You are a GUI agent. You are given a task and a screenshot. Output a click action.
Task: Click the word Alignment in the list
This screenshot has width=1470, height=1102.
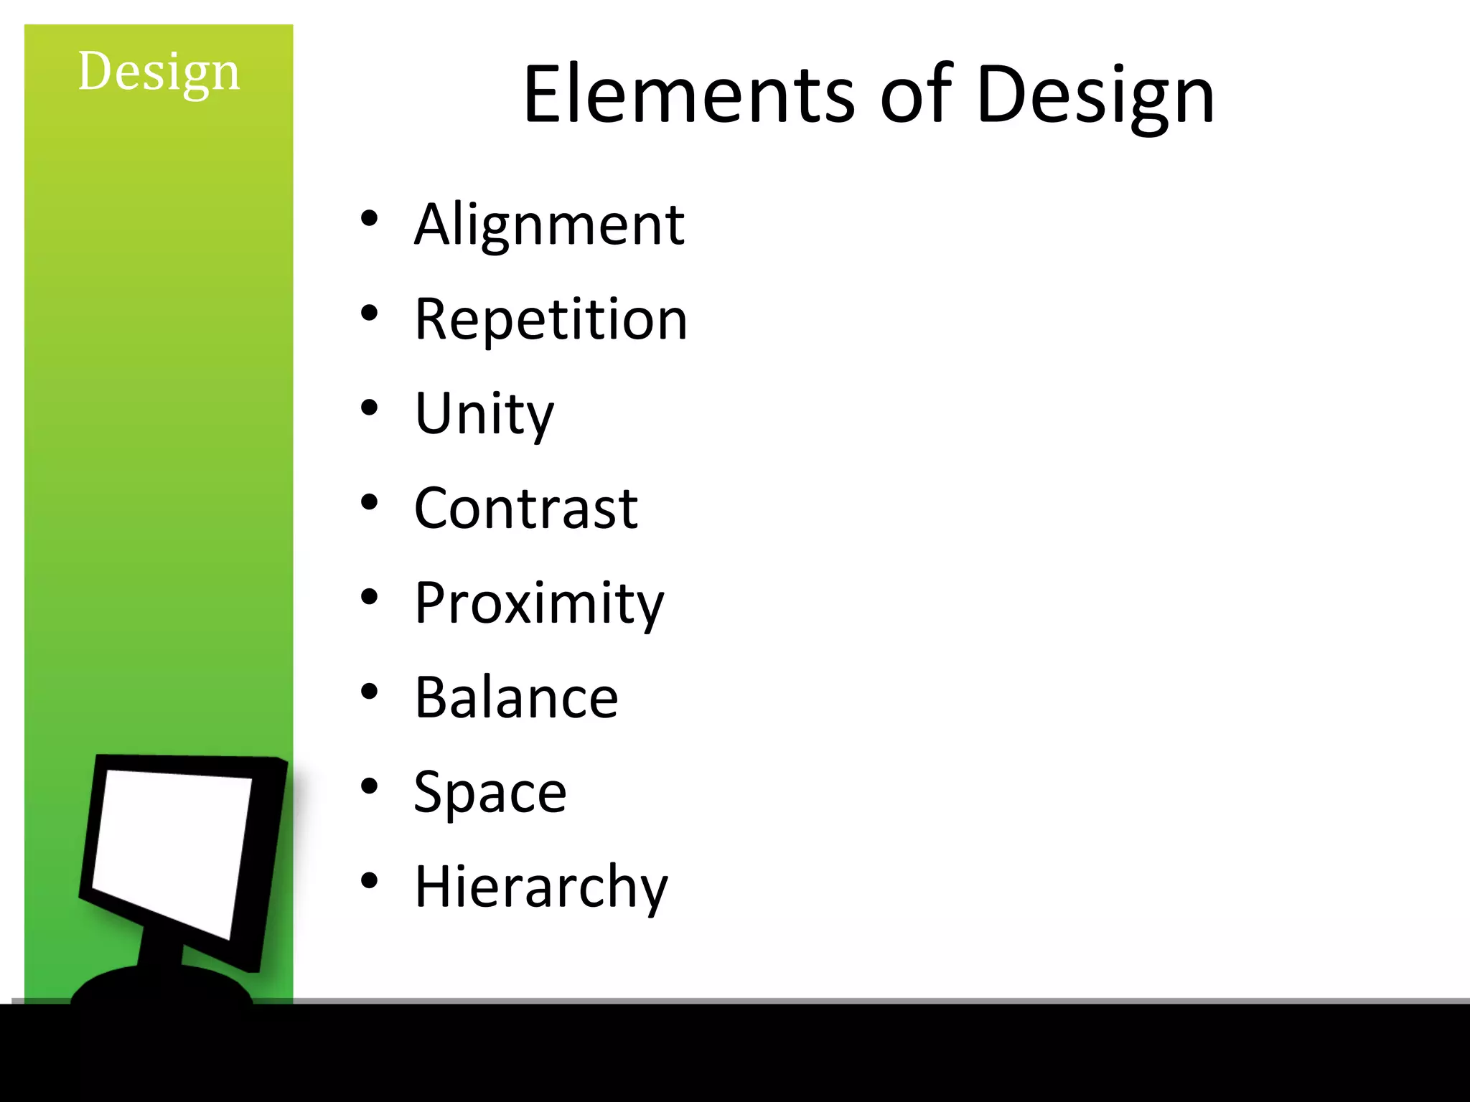549,225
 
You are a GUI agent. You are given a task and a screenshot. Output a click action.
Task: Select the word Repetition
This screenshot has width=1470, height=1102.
551,319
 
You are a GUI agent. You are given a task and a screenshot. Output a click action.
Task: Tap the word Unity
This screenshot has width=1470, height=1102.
484,414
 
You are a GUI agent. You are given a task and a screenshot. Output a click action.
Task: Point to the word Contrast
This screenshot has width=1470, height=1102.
526,509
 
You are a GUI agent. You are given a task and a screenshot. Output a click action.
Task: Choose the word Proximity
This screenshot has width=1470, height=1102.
539,603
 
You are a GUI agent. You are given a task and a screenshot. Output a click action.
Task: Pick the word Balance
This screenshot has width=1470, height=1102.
516,697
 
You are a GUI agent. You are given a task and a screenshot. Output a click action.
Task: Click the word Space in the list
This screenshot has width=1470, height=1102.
490,792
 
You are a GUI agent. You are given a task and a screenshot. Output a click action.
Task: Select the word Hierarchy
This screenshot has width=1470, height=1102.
541,887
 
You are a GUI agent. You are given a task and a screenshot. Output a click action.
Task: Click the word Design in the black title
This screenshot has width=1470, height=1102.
1095,95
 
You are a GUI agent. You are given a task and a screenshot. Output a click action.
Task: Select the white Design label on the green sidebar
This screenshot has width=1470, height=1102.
159,72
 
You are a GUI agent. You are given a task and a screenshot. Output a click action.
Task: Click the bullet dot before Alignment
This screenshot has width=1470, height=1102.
369,219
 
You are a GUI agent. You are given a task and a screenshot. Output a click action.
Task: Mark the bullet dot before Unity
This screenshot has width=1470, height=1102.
369,408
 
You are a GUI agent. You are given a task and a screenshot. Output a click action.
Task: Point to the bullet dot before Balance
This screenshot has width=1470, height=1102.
369,692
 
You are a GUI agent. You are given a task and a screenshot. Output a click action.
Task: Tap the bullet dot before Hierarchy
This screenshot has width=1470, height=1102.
369,881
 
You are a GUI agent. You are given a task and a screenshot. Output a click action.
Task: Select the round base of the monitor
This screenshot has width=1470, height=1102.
161,986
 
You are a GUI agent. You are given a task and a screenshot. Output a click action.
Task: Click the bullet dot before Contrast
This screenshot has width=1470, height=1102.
369,503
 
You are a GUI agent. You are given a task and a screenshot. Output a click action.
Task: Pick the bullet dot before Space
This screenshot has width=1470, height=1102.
369,786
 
